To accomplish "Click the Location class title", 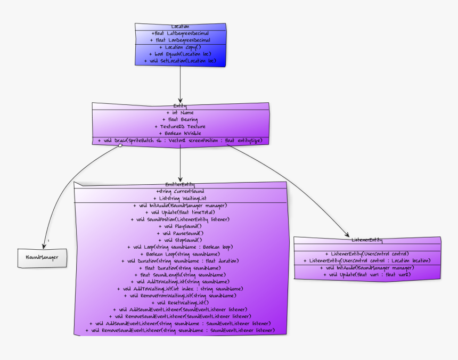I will click(180, 27).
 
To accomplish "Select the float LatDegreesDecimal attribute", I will click(180, 33).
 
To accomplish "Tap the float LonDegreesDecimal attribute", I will click(180, 40).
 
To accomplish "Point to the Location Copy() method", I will click(180, 47).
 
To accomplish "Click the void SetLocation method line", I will click(180, 61).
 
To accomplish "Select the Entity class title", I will click(180, 106).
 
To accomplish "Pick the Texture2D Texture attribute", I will click(180, 126).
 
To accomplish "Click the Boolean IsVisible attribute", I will click(180, 133).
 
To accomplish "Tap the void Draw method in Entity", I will click(180, 141).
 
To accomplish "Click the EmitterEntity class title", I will click(180, 184).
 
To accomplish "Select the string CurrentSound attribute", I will click(180, 191).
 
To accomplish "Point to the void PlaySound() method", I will click(180, 226).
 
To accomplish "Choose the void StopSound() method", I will click(180, 240).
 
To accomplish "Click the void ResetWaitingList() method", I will click(180, 302).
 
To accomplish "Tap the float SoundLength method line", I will click(180, 275).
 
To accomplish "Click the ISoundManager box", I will click(43, 257).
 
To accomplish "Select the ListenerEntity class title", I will click(367, 240).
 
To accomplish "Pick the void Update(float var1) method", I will click(367, 275).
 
